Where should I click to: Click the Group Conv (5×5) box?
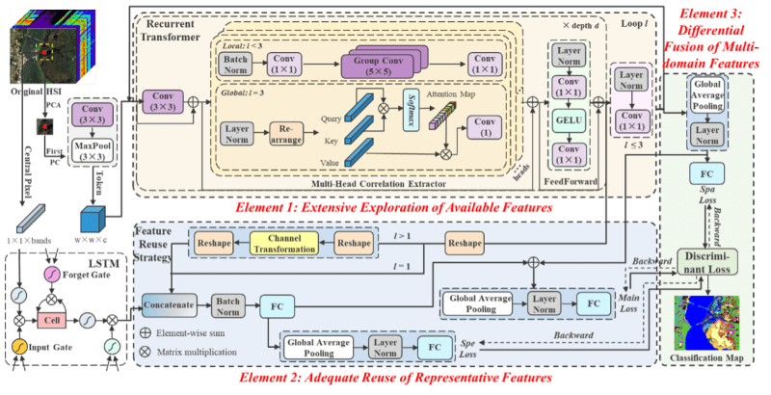(377, 65)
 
